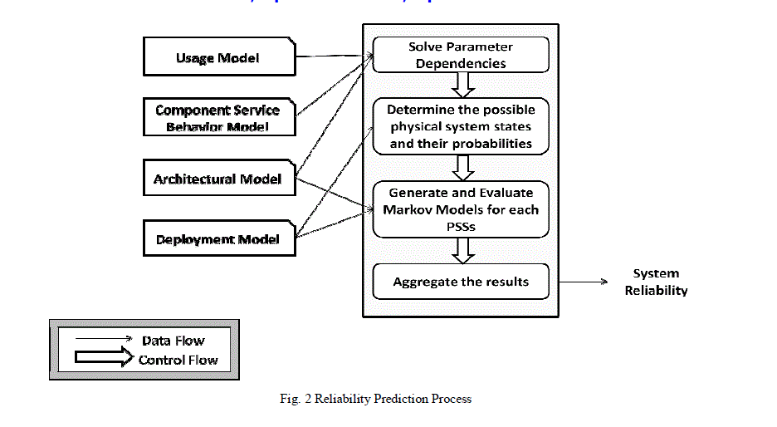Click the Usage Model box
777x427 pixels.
pos(217,57)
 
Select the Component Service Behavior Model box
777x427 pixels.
pos(217,118)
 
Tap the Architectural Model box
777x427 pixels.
pos(217,179)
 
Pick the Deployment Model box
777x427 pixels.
pos(217,239)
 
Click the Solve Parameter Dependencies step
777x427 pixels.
pos(461,55)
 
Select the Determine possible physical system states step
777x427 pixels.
pos(461,127)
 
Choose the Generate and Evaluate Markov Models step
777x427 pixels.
pos(461,209)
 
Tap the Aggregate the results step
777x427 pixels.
pos(461,282)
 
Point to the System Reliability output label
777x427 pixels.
pos(656,282)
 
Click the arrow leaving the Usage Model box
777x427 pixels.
pos(332,57)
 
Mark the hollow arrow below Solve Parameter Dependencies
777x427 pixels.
pos(461,85)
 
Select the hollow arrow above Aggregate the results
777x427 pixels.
pos(461,250)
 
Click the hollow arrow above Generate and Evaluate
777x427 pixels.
pos(461,168)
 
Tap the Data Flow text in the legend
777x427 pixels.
pos(173,341)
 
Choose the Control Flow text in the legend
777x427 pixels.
pos(178,360)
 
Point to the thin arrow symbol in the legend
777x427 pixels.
pos(103,339)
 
